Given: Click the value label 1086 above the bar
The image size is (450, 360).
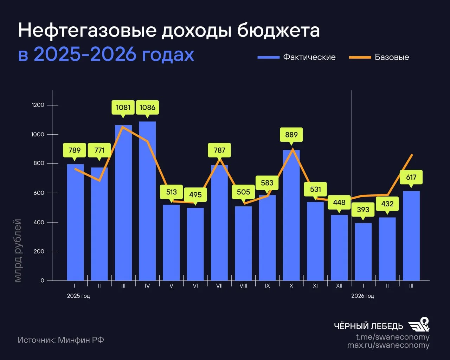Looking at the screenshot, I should pyautogui.click(x=147, y=108).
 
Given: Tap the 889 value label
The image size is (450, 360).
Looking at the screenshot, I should pyautogui.click(x=291, y=135).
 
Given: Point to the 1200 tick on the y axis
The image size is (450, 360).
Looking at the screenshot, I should pyautogui.click(x=38, y=105).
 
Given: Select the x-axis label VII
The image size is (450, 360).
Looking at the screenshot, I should pyautogui.click(x=219, y=286).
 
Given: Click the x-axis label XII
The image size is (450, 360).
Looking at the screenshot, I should pyautogui.click(x=339, y=286).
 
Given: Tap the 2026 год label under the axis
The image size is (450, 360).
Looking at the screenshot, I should pyautogui.click(x=362, y=296).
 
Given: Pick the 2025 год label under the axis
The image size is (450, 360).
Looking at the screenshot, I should pyautogui.click(x=78, y=296).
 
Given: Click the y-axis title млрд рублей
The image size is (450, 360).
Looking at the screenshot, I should pyautogui.click(x=18, y=250).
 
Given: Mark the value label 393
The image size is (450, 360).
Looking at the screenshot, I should pyautogui.click(x=363, y=210).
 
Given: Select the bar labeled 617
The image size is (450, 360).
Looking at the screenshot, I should pyautogui.click(x=411, y=236).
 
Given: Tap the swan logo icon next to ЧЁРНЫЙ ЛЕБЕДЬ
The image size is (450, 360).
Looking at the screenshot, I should pyautogui.click(x=419, y=324).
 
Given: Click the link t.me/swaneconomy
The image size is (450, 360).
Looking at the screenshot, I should pyautogui.click(x=392, y=337).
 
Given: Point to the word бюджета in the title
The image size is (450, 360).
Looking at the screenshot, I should pyautogui.click(x=278, y=31).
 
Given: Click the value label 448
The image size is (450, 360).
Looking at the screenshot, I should pyautogui.click(x=339, y=202).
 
